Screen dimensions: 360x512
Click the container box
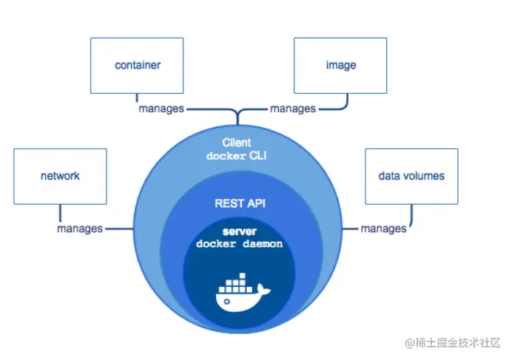pyautogui.click(x=138, y=65)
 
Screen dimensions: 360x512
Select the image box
pyautogui.click(x=340, y=65)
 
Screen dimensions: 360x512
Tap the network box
pyautogui.click(x=60, y=176)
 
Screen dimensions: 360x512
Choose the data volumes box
pyautogui.click(x=411, y=176)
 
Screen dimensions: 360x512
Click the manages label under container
pyautogui.click(x=161, y=109)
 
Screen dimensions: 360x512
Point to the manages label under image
pyautogui.click(x=292, y=109)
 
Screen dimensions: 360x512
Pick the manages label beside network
pyautogui.click(x=80, y=228)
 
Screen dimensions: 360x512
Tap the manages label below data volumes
pyautogui.click(x=383, y=228)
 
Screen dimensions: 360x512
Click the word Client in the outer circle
pyautogui.click(x=237, y=142)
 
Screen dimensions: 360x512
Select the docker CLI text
pyautogui.click(x=237, y=155)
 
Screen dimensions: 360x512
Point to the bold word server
pyautogui.click(x=238, y=231)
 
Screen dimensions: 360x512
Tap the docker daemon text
pyautogui.click(x=239, y=244)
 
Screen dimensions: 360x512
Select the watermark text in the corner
pyautogui.click(x=453, y=342)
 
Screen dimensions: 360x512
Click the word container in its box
pyautogui.click(x=138, y=65)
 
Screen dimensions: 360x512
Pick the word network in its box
pyautogui.click(x=60, y=176)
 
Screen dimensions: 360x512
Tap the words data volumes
pyautogui.click(x=411, y=176)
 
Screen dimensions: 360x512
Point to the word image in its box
pyautogui.click(x=340, y=65)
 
